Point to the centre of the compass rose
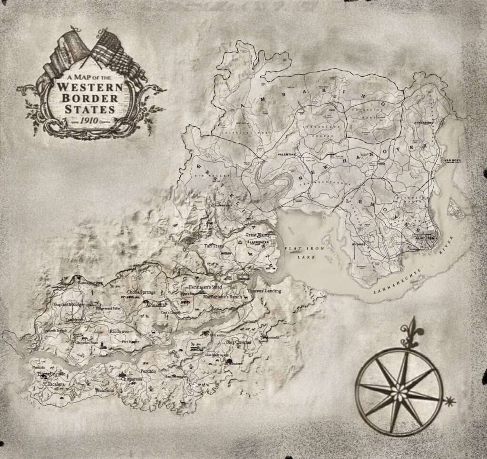[x=399, y=391]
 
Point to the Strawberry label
[x=221, y=205]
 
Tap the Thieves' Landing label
[x=264, y=291]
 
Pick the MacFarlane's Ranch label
[x=223, y=297]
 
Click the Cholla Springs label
[x=141, y=292]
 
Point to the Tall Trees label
[x=214, y=246]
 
